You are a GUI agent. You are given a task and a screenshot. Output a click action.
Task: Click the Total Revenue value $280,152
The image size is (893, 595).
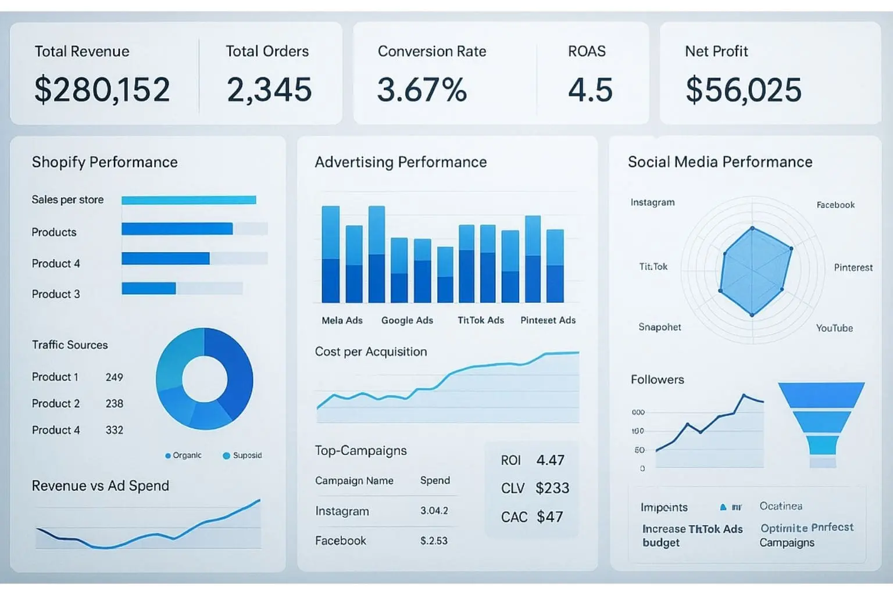[102, 89]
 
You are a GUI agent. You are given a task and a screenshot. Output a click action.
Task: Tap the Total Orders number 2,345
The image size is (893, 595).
[269, 89]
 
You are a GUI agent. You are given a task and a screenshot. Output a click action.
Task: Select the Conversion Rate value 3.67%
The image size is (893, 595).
[422, 89]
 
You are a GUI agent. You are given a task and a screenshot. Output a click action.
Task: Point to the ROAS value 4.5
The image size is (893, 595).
[590, 89]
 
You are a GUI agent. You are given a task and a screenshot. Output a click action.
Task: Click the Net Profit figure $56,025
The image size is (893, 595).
[744, 89]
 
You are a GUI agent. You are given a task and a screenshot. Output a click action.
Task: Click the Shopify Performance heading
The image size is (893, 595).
[105, 162]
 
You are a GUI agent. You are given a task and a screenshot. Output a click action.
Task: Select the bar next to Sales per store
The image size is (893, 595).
[188, 200]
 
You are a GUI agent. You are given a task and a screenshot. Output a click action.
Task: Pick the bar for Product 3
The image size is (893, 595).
[149, 288]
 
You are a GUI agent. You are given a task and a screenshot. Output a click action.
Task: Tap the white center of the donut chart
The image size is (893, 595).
[205, 379]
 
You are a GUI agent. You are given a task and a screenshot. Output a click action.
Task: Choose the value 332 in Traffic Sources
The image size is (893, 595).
[115, 430]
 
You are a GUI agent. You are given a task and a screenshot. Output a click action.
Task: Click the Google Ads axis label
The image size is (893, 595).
[407, 320]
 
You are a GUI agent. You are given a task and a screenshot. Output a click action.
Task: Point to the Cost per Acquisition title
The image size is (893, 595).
[371, 352]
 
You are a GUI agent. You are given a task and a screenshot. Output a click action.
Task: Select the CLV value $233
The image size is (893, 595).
[552, 488]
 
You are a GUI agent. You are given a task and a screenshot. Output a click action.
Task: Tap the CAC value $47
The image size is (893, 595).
[549, 517]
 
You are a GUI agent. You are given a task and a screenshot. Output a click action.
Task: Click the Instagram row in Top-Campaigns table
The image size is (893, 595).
[342, 511]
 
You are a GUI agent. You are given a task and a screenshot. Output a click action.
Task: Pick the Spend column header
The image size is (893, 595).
[435, 481]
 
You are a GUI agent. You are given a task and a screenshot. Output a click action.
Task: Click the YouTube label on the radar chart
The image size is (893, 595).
[834, 328]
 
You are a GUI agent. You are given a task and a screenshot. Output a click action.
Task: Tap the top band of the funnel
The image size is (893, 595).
[821, 395]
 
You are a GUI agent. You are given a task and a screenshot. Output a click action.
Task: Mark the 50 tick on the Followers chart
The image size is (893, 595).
[640, 450]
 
